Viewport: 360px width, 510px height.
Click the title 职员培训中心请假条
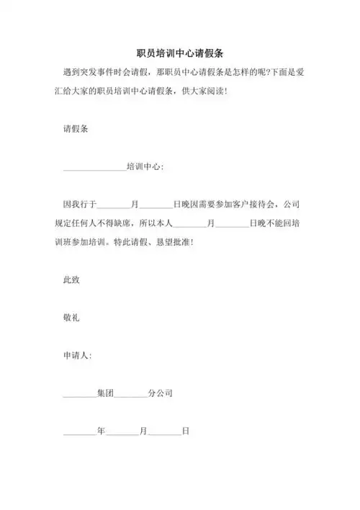point(179,54)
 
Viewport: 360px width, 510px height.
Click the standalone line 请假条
point(76,129)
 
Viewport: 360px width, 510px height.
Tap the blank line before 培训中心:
point(94,167)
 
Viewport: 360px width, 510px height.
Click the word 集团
point(104,393)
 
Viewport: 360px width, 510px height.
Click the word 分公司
point(160,393)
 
